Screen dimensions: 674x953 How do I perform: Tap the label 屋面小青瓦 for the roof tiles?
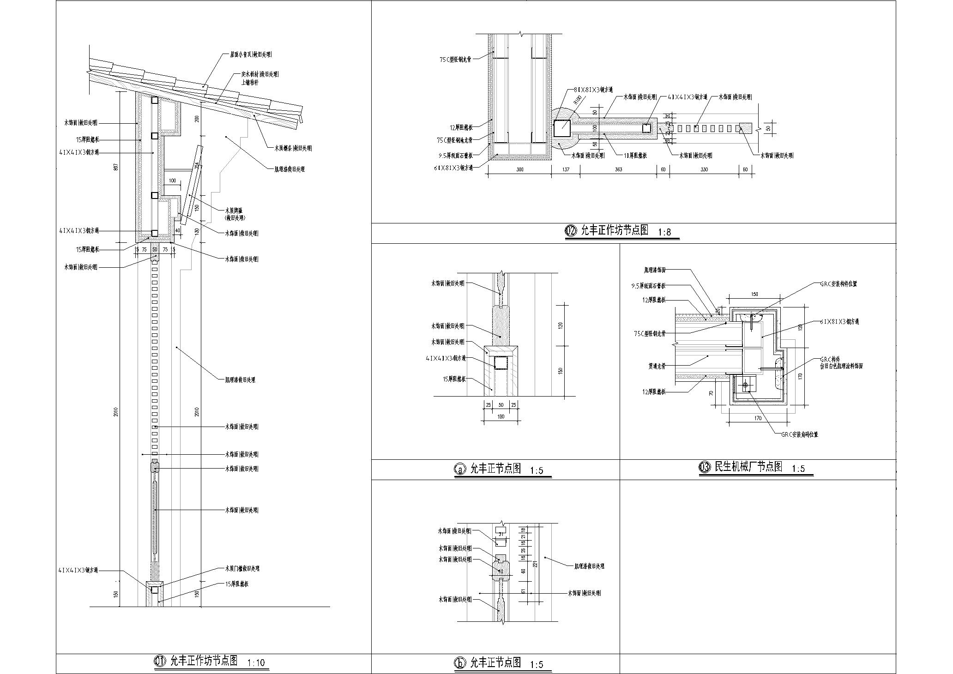coord(251,54)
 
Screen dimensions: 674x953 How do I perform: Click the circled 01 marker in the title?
coord(159,661)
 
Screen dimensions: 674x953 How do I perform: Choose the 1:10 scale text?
coord(256,663)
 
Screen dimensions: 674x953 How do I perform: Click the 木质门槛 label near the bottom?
coord(242,568)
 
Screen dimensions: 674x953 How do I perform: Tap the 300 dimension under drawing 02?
coord(520,170)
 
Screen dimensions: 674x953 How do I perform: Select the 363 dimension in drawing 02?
coord(618,170)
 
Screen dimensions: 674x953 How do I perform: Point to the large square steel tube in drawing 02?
coord(562,128)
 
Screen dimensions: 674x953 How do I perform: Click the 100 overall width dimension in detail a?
coord(501,417)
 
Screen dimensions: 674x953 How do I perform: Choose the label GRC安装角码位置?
coord(799,434)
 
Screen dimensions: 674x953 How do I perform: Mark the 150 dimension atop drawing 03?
coord(754,294)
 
